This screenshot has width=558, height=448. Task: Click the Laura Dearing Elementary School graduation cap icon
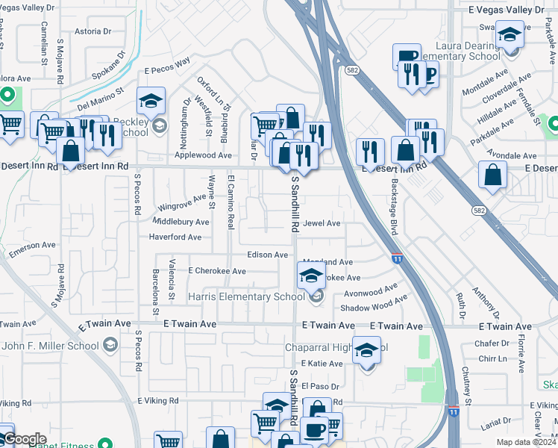[510, 35]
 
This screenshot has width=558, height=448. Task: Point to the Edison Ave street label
[267, 255]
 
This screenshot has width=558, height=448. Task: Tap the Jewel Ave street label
[322, 223]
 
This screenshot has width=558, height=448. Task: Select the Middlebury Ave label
[181, 222]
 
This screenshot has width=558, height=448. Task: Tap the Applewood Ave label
[204, 155]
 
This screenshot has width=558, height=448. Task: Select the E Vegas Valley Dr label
[507, 10]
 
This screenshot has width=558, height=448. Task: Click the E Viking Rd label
[157, 401]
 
